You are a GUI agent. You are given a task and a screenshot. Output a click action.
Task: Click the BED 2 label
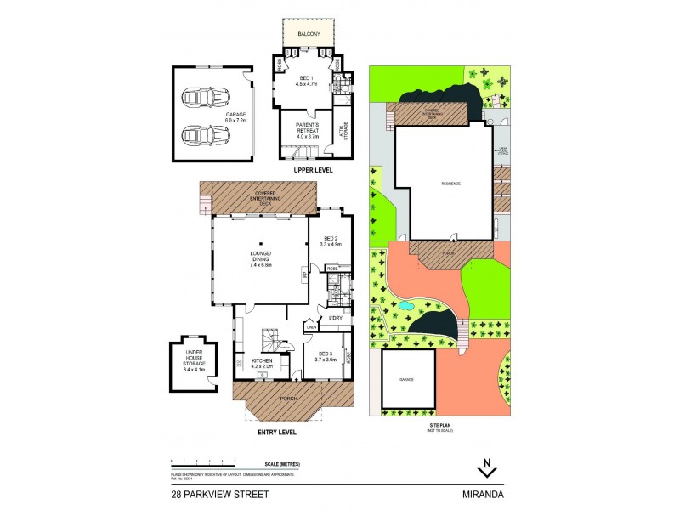(330, 241)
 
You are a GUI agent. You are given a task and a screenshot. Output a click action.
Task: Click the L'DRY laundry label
(336, 318)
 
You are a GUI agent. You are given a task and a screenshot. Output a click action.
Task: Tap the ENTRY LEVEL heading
(276, 432)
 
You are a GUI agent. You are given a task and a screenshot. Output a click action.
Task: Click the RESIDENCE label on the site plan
(450, 184)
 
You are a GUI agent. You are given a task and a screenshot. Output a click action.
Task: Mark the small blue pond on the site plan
(406, 304)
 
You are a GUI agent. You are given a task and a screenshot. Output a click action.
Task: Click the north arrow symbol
(486, 466)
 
